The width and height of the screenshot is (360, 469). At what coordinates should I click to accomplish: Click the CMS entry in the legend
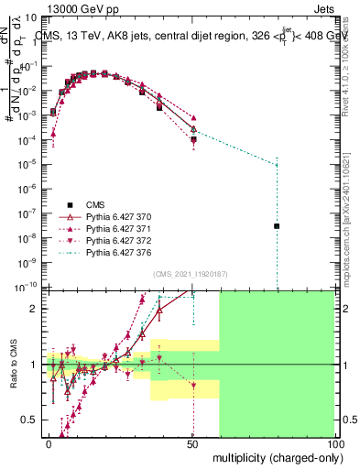(96, 204)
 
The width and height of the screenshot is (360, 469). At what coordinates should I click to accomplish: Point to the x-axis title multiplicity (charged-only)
(273, 455)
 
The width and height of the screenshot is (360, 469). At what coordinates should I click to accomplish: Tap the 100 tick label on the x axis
(333, 442)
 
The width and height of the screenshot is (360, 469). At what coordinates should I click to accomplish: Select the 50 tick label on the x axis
(191, 442)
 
